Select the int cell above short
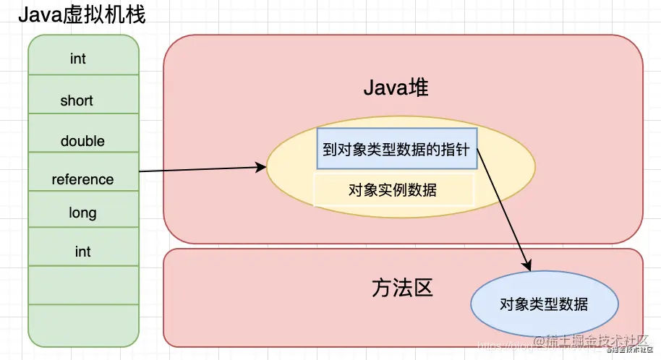pyautogui.click(x=82, y=57)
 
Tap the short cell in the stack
pyautogui.click(x=82, y=100)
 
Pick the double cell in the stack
pyautogui.click(x=82, y=140)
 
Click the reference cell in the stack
pyautogui.click(x=82, y=179)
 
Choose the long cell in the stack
pyautogui.click(x=82, y=213)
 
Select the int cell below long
pyautogui.click(x=82, y=251)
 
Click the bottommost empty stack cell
pyautogui.click(x=82, y=325)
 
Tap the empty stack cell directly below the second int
pyautogui.click(x=82, y=286)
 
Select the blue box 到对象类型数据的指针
pyautogui.click(x=396, y=149)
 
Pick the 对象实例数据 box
pyautogui.click(x=393, y=189)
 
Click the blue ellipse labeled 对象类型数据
pyautogui.click(x=544, y=304)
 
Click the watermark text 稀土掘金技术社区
pyautogui.click(x=593, y=340)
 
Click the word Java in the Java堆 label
pyautogui.click(x=383, y=88)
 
